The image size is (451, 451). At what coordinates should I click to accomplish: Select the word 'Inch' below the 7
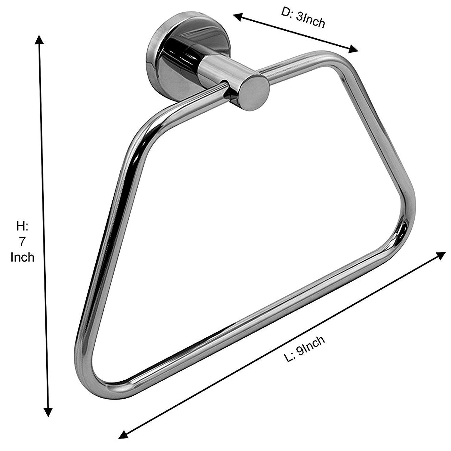(x=22, y=257)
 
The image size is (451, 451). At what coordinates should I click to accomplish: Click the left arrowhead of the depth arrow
(x=239, y=17)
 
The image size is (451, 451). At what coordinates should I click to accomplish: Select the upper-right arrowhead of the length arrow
(x=440, y=256)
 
